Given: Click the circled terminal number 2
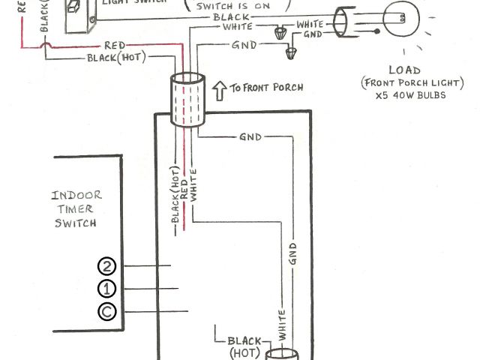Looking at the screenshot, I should coord(106,266).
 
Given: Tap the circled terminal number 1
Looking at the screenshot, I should coord(106,289).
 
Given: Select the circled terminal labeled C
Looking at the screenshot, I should coord(106,312).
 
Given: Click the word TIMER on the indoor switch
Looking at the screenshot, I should coord(76,209).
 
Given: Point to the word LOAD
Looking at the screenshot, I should coord(404,70).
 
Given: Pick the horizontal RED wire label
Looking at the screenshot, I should coord(115,46).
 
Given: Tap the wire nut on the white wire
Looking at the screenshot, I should coord(281,32).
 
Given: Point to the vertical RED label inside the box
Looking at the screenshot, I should coord(184,191).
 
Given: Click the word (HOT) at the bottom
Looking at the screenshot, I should coord(244,352).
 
